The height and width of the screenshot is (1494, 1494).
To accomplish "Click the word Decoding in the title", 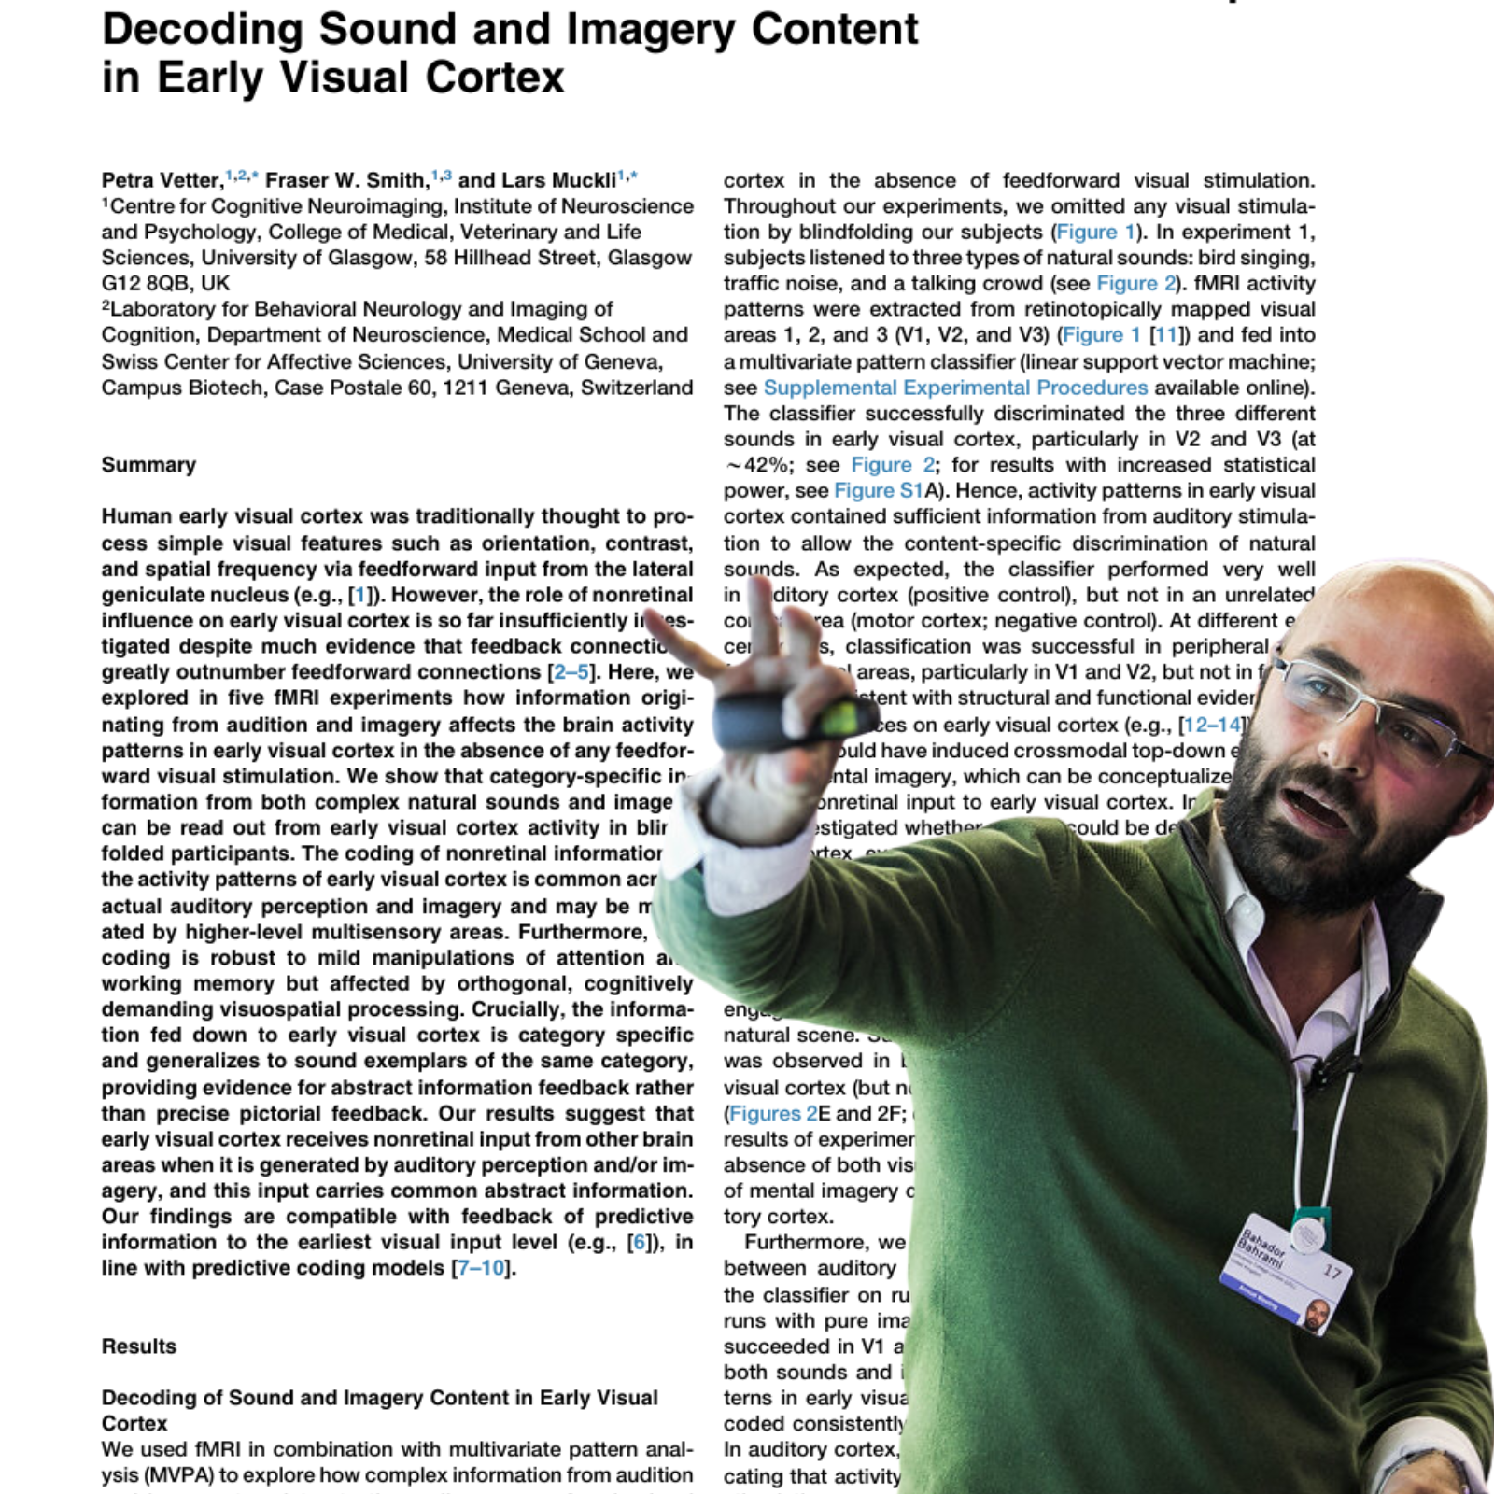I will click(x=203, y=30).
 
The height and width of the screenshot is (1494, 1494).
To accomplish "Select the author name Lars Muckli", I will click(x=558, y=180).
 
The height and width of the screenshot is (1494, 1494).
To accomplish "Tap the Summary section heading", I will click(x=148, y=465).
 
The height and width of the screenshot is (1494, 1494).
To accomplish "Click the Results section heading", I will click(x=138, y=1346).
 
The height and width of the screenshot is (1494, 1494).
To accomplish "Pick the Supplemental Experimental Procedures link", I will click(x=955, y=388).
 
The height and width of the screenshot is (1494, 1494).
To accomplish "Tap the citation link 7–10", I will click(x=481, y=1268).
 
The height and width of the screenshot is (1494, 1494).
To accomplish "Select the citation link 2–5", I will click(x=571, y=672).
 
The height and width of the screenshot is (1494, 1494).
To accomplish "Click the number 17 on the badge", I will click(x=1332, y=1271).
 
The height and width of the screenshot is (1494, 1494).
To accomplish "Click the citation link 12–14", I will click(x=1212, y=726).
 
